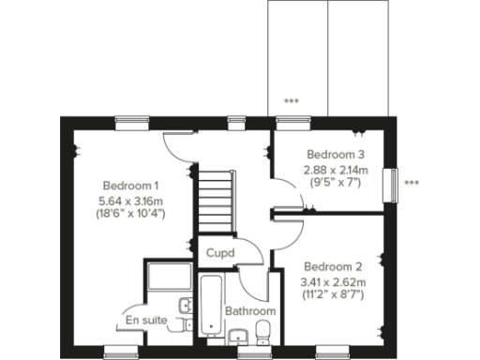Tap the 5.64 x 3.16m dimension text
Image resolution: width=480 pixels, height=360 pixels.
click(131, 200)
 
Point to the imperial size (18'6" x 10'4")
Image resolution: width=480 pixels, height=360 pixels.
click(131, 213)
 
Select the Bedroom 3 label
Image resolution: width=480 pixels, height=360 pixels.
click(335, 155)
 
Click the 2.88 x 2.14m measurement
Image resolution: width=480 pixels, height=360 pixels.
click(335, 170)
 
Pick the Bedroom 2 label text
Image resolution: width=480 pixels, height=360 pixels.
click(333, 266)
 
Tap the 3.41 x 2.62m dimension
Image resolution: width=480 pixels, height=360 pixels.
click(333, 281)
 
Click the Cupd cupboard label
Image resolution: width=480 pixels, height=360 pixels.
click(220, 253)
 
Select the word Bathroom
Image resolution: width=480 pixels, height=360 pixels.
click(250, 311)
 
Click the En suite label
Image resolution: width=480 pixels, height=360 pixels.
click(147, 321)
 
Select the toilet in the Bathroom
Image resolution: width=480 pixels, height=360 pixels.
click(263, 331)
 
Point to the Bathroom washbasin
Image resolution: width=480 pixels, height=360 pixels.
click(239, 336)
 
